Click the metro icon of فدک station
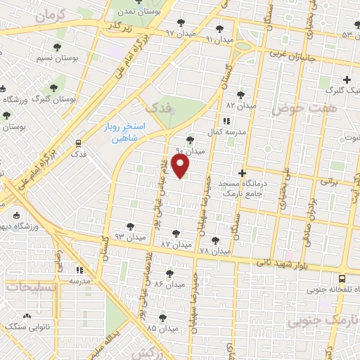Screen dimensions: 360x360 [79, 143]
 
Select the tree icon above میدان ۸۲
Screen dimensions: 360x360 [240, 94]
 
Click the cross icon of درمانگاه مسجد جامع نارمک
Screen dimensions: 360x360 [242, 173]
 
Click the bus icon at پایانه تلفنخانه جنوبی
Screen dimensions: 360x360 [342, 278]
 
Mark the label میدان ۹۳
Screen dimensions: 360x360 [129, 237]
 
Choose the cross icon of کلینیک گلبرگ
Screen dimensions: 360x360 [346, 79]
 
